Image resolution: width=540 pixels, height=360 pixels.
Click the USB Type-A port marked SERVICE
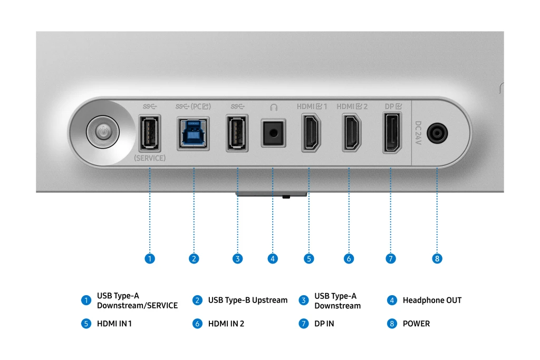149,134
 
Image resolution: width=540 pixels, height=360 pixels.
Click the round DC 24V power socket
437,134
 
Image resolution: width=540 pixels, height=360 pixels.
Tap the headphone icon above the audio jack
273,107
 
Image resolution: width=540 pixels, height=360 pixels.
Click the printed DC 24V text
418,134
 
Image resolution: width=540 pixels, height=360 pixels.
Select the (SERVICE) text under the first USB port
149,158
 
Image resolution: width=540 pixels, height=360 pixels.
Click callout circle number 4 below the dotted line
273,259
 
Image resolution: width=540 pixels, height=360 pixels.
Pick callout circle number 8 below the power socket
437,259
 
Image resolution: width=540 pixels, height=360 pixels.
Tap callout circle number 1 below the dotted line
150,259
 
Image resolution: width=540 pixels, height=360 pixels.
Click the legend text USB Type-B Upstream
247,300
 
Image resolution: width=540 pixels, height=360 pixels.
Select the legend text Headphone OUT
432,300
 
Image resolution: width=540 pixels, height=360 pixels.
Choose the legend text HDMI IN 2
226,324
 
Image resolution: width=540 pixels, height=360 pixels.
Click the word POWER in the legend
416,324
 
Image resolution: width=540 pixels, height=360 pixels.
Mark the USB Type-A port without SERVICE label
237,134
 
